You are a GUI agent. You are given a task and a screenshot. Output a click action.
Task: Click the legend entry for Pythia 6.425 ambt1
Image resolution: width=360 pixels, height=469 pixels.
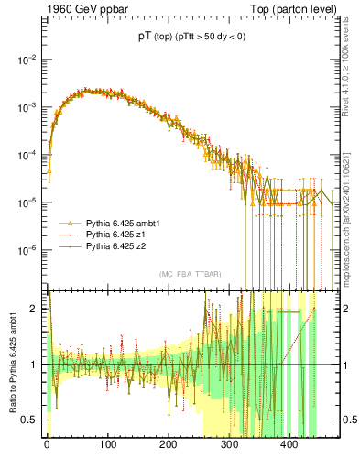121,223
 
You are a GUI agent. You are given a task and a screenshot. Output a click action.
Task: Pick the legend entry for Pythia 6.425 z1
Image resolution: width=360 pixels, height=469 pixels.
115,234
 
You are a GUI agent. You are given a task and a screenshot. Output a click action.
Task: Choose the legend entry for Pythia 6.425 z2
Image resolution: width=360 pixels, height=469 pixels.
115,246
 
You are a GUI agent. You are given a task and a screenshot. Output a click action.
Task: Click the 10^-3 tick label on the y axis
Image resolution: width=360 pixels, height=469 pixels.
28,107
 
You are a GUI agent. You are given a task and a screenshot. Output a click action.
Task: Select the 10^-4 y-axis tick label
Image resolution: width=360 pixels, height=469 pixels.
28,155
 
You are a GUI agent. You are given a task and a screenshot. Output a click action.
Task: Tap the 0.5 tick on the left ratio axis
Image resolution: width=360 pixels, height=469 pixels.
32,420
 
